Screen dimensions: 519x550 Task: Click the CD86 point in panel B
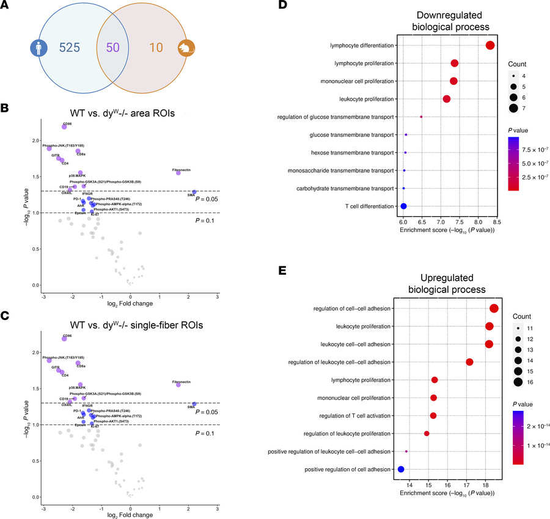[x=64, y=126]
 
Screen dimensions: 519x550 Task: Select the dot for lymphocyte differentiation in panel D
[x=490, y=45]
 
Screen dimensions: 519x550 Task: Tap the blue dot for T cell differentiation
[x=403, y=206]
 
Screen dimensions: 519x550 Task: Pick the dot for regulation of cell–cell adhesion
[x=494, y=308]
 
